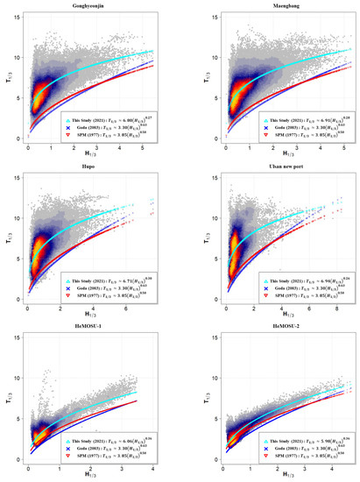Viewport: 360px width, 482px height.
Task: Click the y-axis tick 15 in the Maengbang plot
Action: (201, 20)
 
